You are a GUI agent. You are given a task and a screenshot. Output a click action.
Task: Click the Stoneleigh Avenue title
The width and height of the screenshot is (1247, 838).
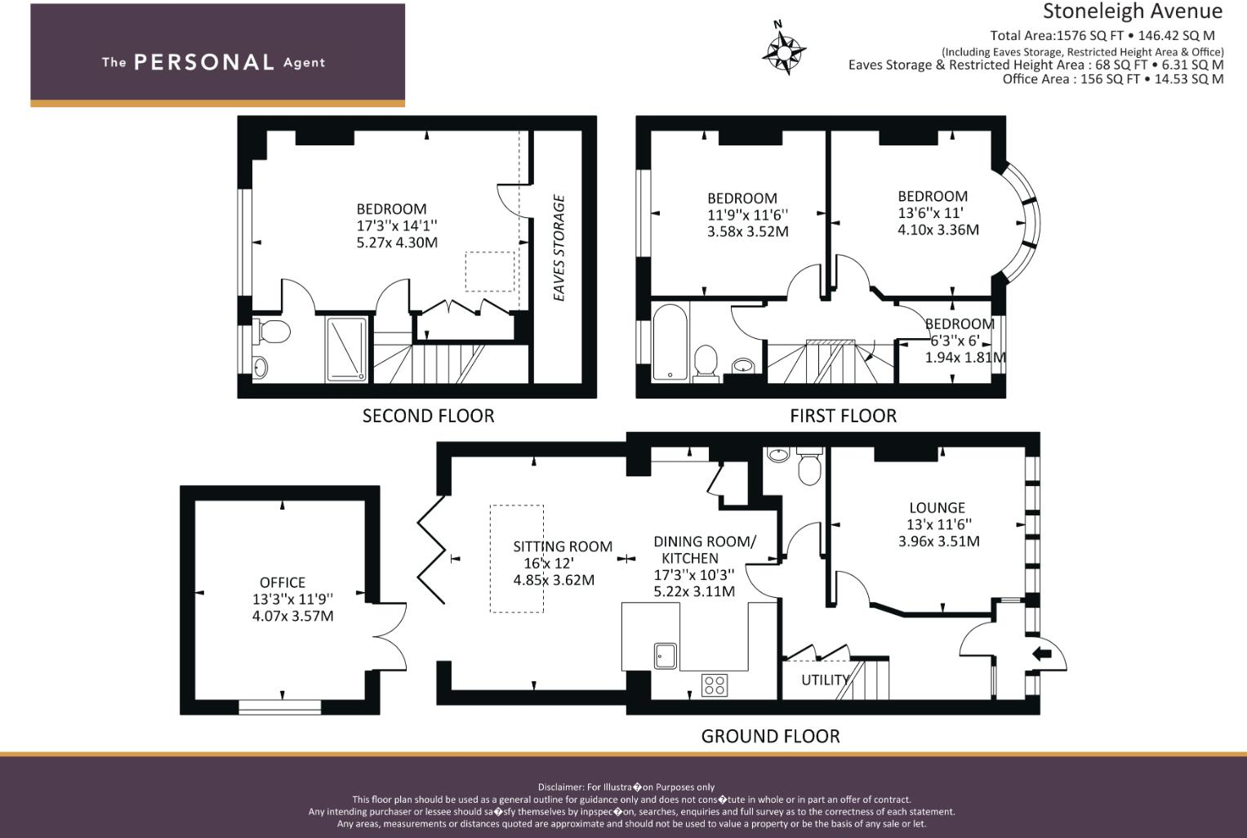1132,11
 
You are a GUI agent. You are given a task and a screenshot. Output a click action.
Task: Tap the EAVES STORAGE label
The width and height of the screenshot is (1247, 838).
559,247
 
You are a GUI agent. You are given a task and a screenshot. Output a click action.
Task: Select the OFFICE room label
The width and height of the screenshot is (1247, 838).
283,582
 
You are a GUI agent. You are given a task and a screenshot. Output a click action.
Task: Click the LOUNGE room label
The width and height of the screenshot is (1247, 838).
937,507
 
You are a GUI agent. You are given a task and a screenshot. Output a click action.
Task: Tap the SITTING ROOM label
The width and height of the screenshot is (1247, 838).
563,546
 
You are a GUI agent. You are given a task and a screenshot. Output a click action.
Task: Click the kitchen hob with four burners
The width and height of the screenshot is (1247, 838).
715,684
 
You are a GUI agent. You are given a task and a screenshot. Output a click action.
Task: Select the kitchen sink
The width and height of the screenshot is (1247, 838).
665,655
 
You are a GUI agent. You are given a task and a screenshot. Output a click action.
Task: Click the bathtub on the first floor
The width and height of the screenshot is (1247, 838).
670,342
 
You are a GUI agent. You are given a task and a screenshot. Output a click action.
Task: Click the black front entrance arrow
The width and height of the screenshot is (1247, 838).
1042,653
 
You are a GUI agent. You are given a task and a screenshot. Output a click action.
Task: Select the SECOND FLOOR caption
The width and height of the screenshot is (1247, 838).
428,416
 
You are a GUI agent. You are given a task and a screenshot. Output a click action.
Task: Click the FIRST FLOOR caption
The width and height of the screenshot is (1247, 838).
843,416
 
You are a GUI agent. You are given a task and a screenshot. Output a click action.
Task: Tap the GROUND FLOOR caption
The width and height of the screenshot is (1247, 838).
770,736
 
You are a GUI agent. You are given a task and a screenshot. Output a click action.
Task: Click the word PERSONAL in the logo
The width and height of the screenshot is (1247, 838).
203,62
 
